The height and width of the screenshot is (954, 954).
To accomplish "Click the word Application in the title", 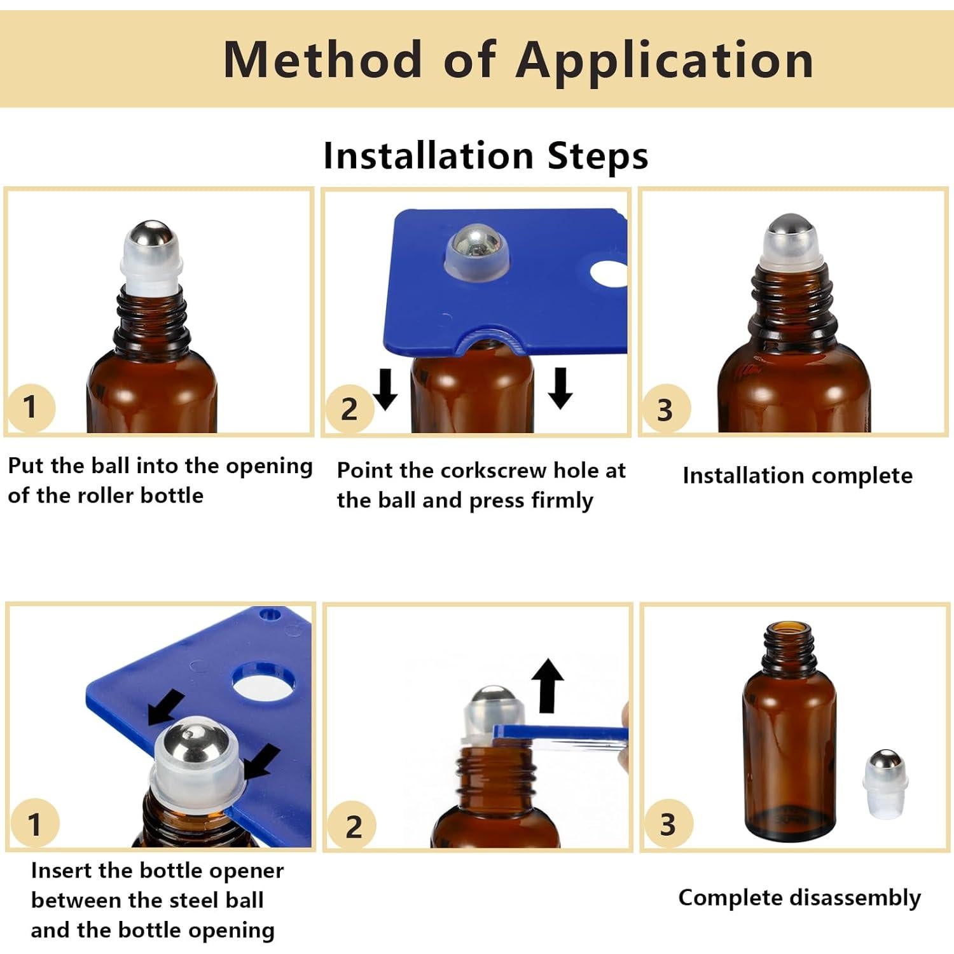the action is point(665,60).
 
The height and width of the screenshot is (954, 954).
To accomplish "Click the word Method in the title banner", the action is point(323,59).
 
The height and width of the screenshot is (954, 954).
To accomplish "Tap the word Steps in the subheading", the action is point(598,156).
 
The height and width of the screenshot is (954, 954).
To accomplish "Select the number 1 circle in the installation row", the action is point(30,407).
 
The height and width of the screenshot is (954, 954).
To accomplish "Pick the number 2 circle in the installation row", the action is point(349,409).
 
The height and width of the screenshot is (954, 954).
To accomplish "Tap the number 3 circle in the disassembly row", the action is point(667,824).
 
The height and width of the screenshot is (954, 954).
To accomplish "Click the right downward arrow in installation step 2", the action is point(560,388).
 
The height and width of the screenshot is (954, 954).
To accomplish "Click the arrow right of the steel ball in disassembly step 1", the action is point(261,761).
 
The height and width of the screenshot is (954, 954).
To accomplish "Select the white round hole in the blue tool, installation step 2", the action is point(609,274).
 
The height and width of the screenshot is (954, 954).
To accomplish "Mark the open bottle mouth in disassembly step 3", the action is point(789,630).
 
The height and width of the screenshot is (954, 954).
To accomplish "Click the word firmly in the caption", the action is point(562,501).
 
